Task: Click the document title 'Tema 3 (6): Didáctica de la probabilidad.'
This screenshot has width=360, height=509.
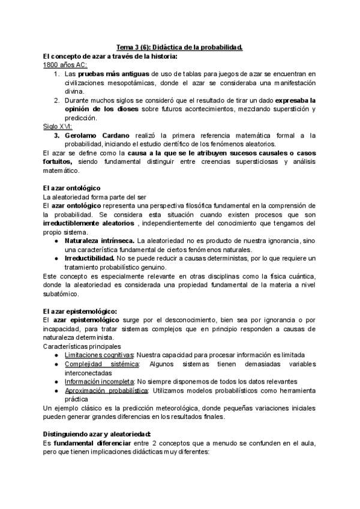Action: coord(179,47)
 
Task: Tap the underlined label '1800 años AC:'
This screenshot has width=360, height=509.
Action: coord(65,64)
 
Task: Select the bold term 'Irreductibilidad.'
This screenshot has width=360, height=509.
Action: coord(90,258)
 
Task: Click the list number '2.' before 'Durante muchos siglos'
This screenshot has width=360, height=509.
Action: coord(56,100)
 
